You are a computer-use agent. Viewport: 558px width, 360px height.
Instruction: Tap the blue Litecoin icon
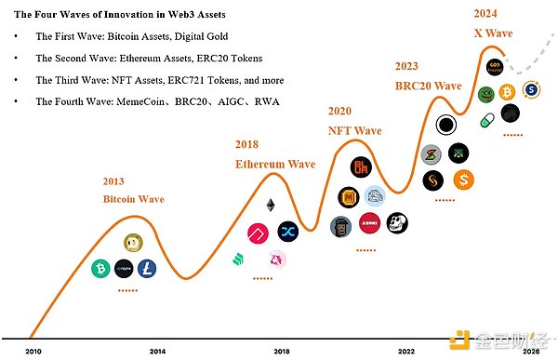tap(147, 269)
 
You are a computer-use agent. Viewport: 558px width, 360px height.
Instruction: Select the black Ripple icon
tap(124, 269)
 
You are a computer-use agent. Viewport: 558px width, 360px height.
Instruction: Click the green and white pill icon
tap(485, 120)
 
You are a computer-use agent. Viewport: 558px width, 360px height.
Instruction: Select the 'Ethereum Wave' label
tap(274, 164)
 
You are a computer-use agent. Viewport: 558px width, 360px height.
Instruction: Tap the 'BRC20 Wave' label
tap(428, 86)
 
